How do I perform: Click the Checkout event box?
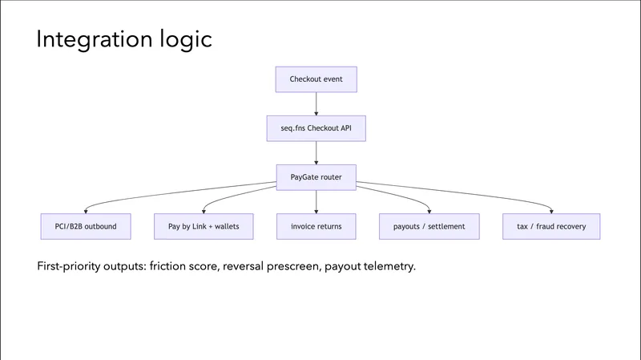[316, 79]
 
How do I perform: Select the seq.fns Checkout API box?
[316, 128]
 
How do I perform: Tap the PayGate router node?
[316, 177]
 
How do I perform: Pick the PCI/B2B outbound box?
[80, 226]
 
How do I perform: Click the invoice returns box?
[316, 226]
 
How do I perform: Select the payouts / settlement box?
[429, 226]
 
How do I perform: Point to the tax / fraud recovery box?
[551, 226]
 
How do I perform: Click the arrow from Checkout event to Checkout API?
[316, 103]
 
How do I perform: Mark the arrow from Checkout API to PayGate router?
[316, 152]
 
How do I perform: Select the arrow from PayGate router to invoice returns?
[316, 201]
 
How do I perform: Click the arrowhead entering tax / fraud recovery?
[552, 211]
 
